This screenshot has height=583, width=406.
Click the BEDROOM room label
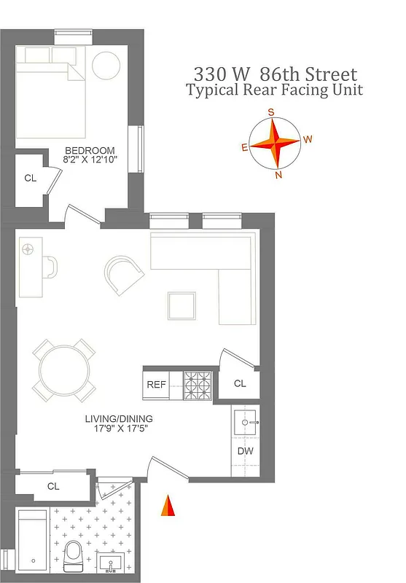pos(90,150)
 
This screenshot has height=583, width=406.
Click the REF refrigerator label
pos(157,385)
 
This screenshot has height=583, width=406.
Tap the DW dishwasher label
pos(245,451)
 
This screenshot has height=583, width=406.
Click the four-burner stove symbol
pos(197,385)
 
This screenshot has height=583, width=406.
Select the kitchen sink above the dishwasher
pos(245,421)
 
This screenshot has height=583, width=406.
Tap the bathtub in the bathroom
pos(32,541)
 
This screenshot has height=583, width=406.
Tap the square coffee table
pos(181,306)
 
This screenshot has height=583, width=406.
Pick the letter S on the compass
pos(271,112)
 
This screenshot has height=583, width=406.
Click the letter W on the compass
pos(308,138)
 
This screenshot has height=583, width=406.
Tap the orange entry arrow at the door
pos(168,506)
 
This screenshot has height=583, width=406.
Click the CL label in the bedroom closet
pos(30,178)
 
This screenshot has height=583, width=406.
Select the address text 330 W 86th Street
pos(275,74)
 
